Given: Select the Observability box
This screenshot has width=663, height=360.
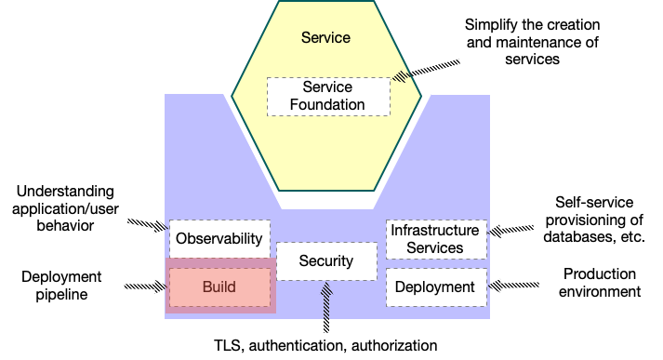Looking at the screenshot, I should [x=219, y=238].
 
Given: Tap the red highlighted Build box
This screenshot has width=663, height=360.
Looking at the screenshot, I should [x=220, y=286].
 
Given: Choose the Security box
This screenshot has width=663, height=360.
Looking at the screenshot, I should [x=326, y=261].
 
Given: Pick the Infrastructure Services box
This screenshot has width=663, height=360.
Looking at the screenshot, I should [x=435, y=239].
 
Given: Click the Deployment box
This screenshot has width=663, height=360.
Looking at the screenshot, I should [x=435, y=287].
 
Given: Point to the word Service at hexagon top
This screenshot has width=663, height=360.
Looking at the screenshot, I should [x=326, y=38].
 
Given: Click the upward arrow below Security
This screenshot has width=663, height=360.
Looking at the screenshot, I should [x=326, y=308].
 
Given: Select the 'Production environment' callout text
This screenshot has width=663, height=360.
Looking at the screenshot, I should [x=600, y=283].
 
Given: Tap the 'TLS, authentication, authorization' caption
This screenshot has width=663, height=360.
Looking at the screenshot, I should [x=325, y=345].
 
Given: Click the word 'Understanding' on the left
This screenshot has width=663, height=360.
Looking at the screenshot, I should [x=59, y=191].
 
